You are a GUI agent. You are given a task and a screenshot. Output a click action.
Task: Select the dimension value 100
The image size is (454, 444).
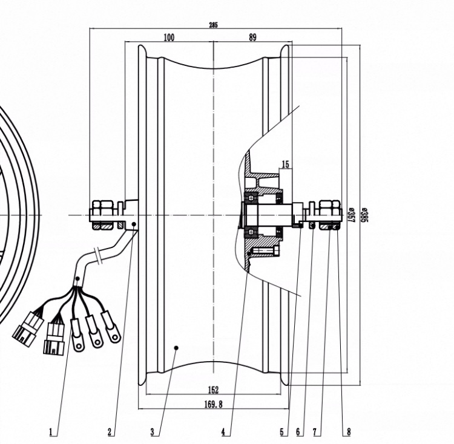(x=169, y=38)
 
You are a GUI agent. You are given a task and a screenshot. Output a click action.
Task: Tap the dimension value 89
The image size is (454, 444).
(x=252, y=38)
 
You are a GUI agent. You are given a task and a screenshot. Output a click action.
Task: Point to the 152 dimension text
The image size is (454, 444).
(x=213, y=390)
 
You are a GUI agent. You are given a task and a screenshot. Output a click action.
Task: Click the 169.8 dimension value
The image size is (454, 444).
(x=214, y=404)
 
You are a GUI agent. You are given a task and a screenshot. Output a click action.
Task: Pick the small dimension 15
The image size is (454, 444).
(x=285, y=165)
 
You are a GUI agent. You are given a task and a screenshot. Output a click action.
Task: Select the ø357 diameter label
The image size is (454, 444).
(x=351, y=215)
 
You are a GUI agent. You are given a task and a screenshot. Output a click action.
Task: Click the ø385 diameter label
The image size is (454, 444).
(x=364, y=215)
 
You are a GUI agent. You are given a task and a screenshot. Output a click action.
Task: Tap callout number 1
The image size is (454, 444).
(x=51, y=432)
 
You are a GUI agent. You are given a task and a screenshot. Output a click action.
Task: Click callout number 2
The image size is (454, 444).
(x=110, y=432)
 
